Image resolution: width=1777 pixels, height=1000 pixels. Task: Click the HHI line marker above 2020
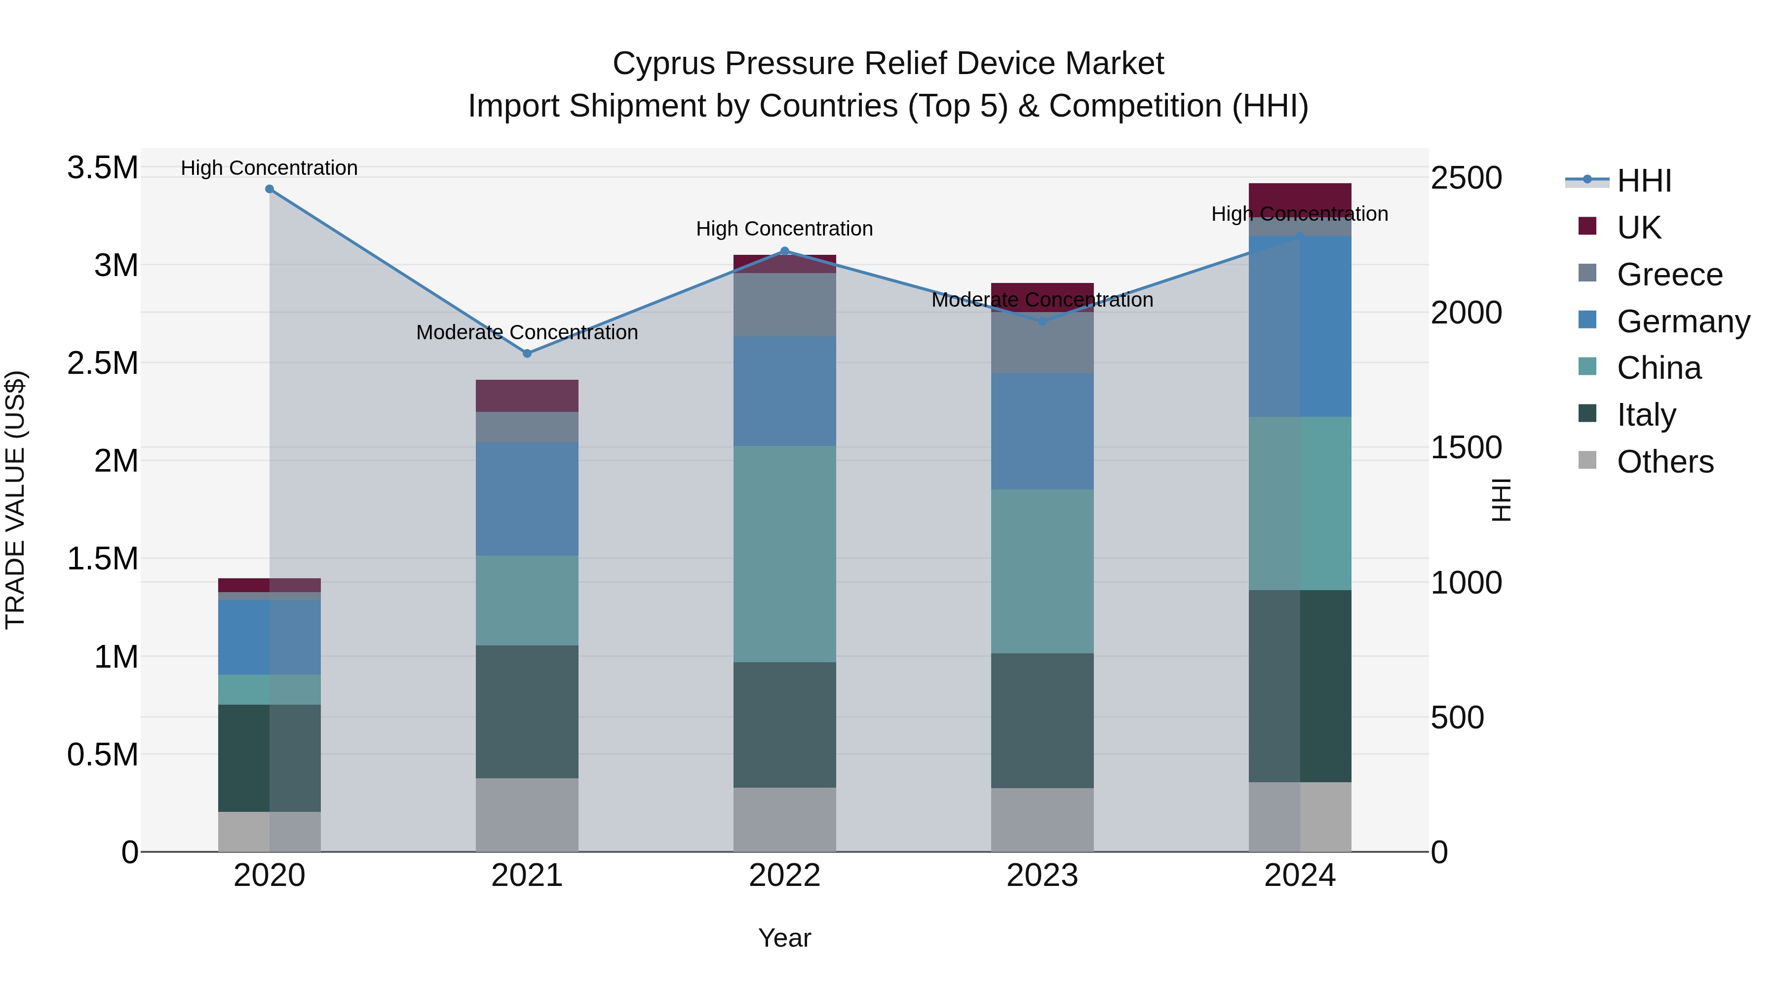pos(270,189)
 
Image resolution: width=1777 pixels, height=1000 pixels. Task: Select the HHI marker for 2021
pos(527,354)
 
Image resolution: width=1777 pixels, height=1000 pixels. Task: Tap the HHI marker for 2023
pos(1043,321)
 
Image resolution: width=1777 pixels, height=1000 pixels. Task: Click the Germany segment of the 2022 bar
pos(784,391)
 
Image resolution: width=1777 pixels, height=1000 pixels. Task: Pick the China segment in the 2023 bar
pos(1043,571)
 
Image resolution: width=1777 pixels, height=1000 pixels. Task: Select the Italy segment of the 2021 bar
pos(527,712)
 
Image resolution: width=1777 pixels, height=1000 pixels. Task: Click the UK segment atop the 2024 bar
pos(1300,197)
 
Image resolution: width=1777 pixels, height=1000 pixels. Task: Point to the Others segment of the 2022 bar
pos(784,819)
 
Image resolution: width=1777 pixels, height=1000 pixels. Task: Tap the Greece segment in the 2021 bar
pos(527,427)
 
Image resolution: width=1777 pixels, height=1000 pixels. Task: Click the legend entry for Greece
pos(1669,275)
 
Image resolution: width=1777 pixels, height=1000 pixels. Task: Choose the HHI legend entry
pos(1643,181)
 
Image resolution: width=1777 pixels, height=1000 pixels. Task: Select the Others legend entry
pos(1664,462)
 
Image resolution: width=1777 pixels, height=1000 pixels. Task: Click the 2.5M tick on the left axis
pos(103,363)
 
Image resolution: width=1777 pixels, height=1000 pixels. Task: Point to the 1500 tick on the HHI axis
pos(1466,447)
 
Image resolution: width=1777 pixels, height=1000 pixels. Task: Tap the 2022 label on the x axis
pos(784,876)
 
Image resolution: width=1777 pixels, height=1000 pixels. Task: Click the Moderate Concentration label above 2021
pos(527,333)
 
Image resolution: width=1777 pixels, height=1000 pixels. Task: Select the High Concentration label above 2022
pos(784,229)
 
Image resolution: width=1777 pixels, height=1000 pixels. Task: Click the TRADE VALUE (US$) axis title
pos(15,500)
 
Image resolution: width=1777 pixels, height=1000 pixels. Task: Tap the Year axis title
pos(784,938)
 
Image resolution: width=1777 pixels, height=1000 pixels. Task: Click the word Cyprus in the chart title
pos(663,64)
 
